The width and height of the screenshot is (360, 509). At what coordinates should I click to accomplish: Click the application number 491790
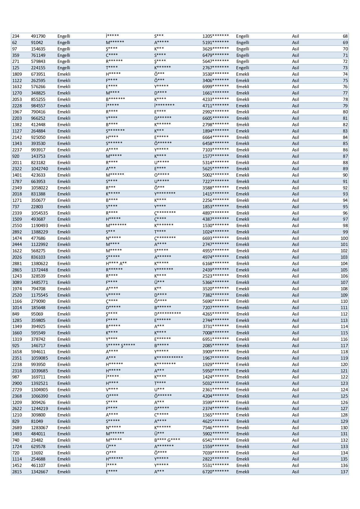[x=38, y=36]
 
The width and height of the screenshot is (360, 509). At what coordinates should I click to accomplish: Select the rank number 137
[x=344, y=472]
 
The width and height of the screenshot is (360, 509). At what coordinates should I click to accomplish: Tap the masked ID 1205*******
[x=216, y=36]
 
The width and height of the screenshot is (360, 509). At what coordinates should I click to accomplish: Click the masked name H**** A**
[x=116, y=263]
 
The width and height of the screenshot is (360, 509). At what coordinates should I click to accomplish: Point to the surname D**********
[x=167, y=314]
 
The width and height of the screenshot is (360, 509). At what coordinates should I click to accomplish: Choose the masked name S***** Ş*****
[x=120, y=345]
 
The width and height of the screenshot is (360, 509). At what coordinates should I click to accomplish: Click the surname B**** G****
[x=167, y=440]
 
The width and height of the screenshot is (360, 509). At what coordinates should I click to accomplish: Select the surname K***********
[x=169, y=358]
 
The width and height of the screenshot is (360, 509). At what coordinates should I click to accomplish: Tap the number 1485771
[x=39, y=282]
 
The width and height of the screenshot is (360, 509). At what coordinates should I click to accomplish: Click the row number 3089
[x=17, y=282]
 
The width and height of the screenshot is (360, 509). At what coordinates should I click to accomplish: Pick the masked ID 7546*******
[x=216, y=428]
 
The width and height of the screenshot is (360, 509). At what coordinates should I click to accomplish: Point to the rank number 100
[x=344, y=238]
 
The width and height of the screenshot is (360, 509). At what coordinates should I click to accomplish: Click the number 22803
[x=37, y=207]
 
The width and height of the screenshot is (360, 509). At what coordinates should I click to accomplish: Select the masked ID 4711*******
[x=216, y=106]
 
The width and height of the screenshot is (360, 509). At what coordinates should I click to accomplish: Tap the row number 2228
[x=17, y=106]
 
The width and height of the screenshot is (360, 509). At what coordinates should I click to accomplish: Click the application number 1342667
[x=39, y=472]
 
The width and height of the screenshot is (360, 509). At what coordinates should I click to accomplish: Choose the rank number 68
[x=345, y=36]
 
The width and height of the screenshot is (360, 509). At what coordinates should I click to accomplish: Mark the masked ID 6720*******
[x=216, y=472]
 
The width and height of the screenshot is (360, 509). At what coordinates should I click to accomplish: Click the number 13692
[x=37, y=453]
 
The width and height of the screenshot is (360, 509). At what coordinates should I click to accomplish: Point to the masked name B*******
[x=115, y=99]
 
